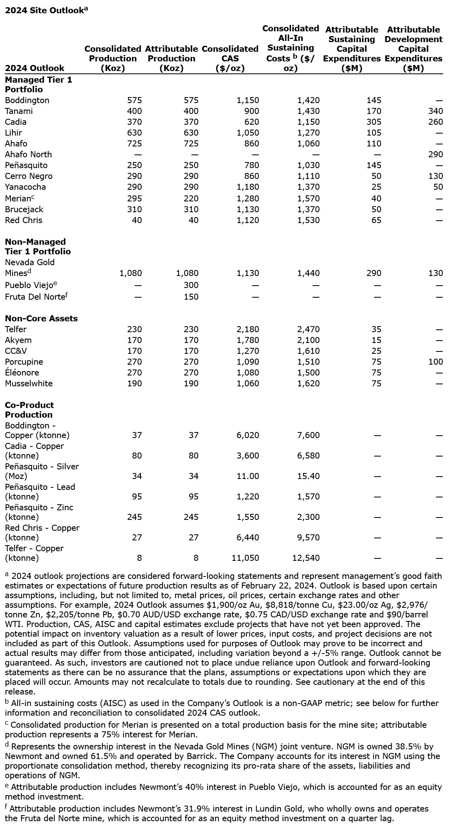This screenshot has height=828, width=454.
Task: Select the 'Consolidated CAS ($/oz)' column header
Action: [x=230, y=59]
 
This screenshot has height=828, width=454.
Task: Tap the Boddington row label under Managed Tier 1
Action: [x=27, y=100]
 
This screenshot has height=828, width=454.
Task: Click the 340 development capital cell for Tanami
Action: [x=436, y=111]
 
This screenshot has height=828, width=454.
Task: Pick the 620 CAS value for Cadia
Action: [x=251, y=122]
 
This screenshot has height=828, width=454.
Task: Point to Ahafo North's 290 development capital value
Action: [x=436, y=154]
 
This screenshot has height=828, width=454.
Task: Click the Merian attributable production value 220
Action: [x=191, y=199]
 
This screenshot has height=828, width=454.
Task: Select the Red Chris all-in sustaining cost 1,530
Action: [x=308, y=220]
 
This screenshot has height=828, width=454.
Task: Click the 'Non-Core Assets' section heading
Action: [x=41, y=319]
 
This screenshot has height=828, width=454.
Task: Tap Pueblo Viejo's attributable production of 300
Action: [x=191, y=285]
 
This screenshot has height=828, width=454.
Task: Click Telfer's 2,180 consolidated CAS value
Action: [x=248, y=329]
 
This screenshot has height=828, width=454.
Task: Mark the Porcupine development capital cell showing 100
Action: [x=436, y=362]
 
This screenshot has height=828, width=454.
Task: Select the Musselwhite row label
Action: [x=29, y=384]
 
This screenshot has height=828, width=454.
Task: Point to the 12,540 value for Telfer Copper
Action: [x=306, y=558]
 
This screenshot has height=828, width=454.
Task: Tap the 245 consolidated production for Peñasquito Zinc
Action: [x=134, y=517]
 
